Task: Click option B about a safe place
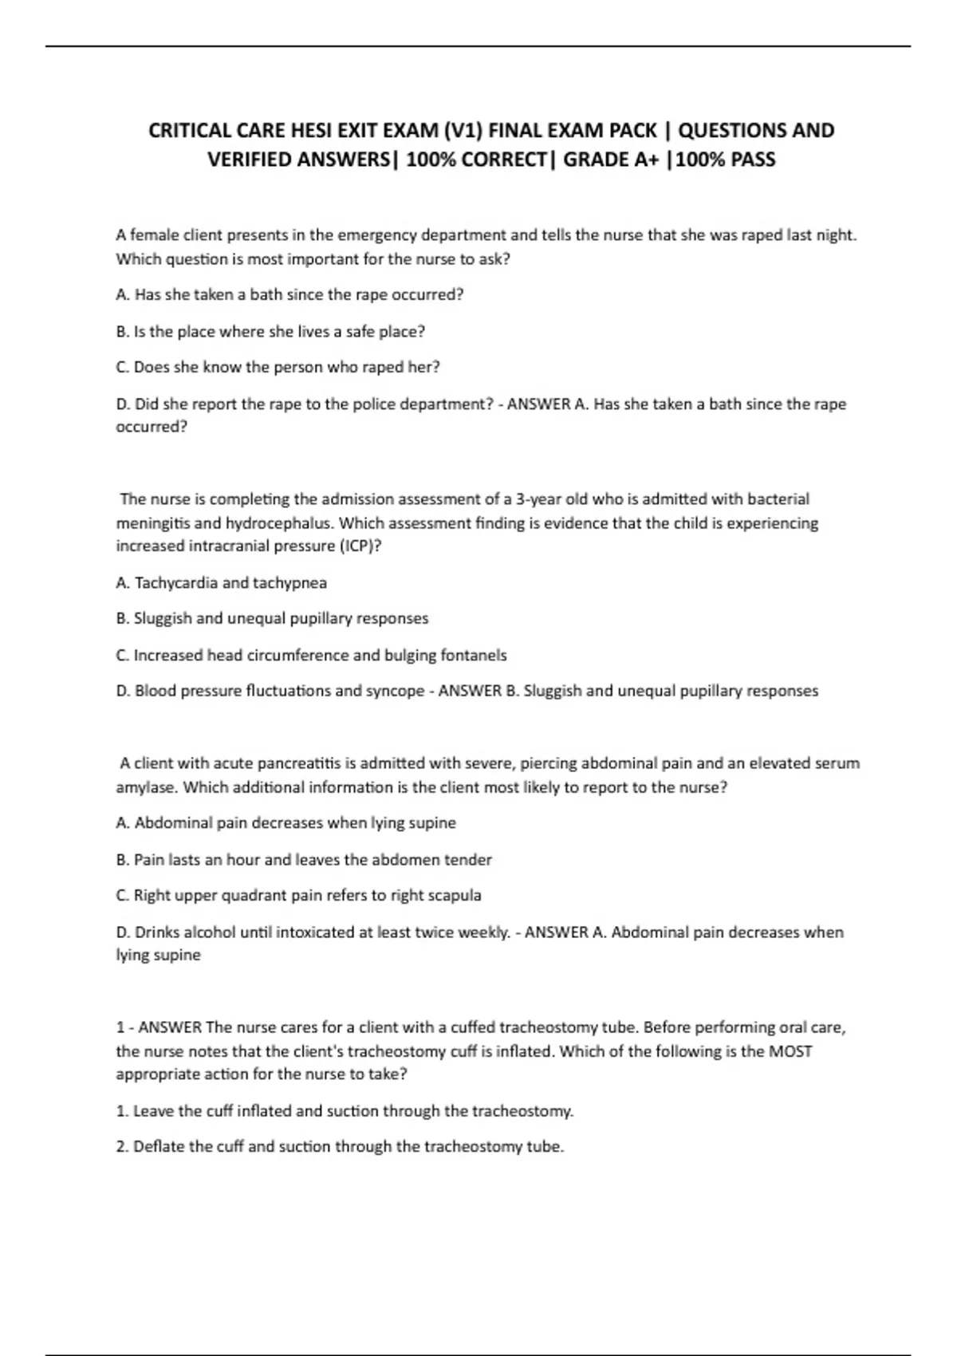click(270, 331)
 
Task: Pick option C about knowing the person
click(278, 368)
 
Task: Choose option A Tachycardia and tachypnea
click(221, 583)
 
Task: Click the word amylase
click(146, 787)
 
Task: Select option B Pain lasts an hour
click(304, 860)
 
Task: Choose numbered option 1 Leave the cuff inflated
click(345, 1111)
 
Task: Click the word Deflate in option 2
click(159, 1147)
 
